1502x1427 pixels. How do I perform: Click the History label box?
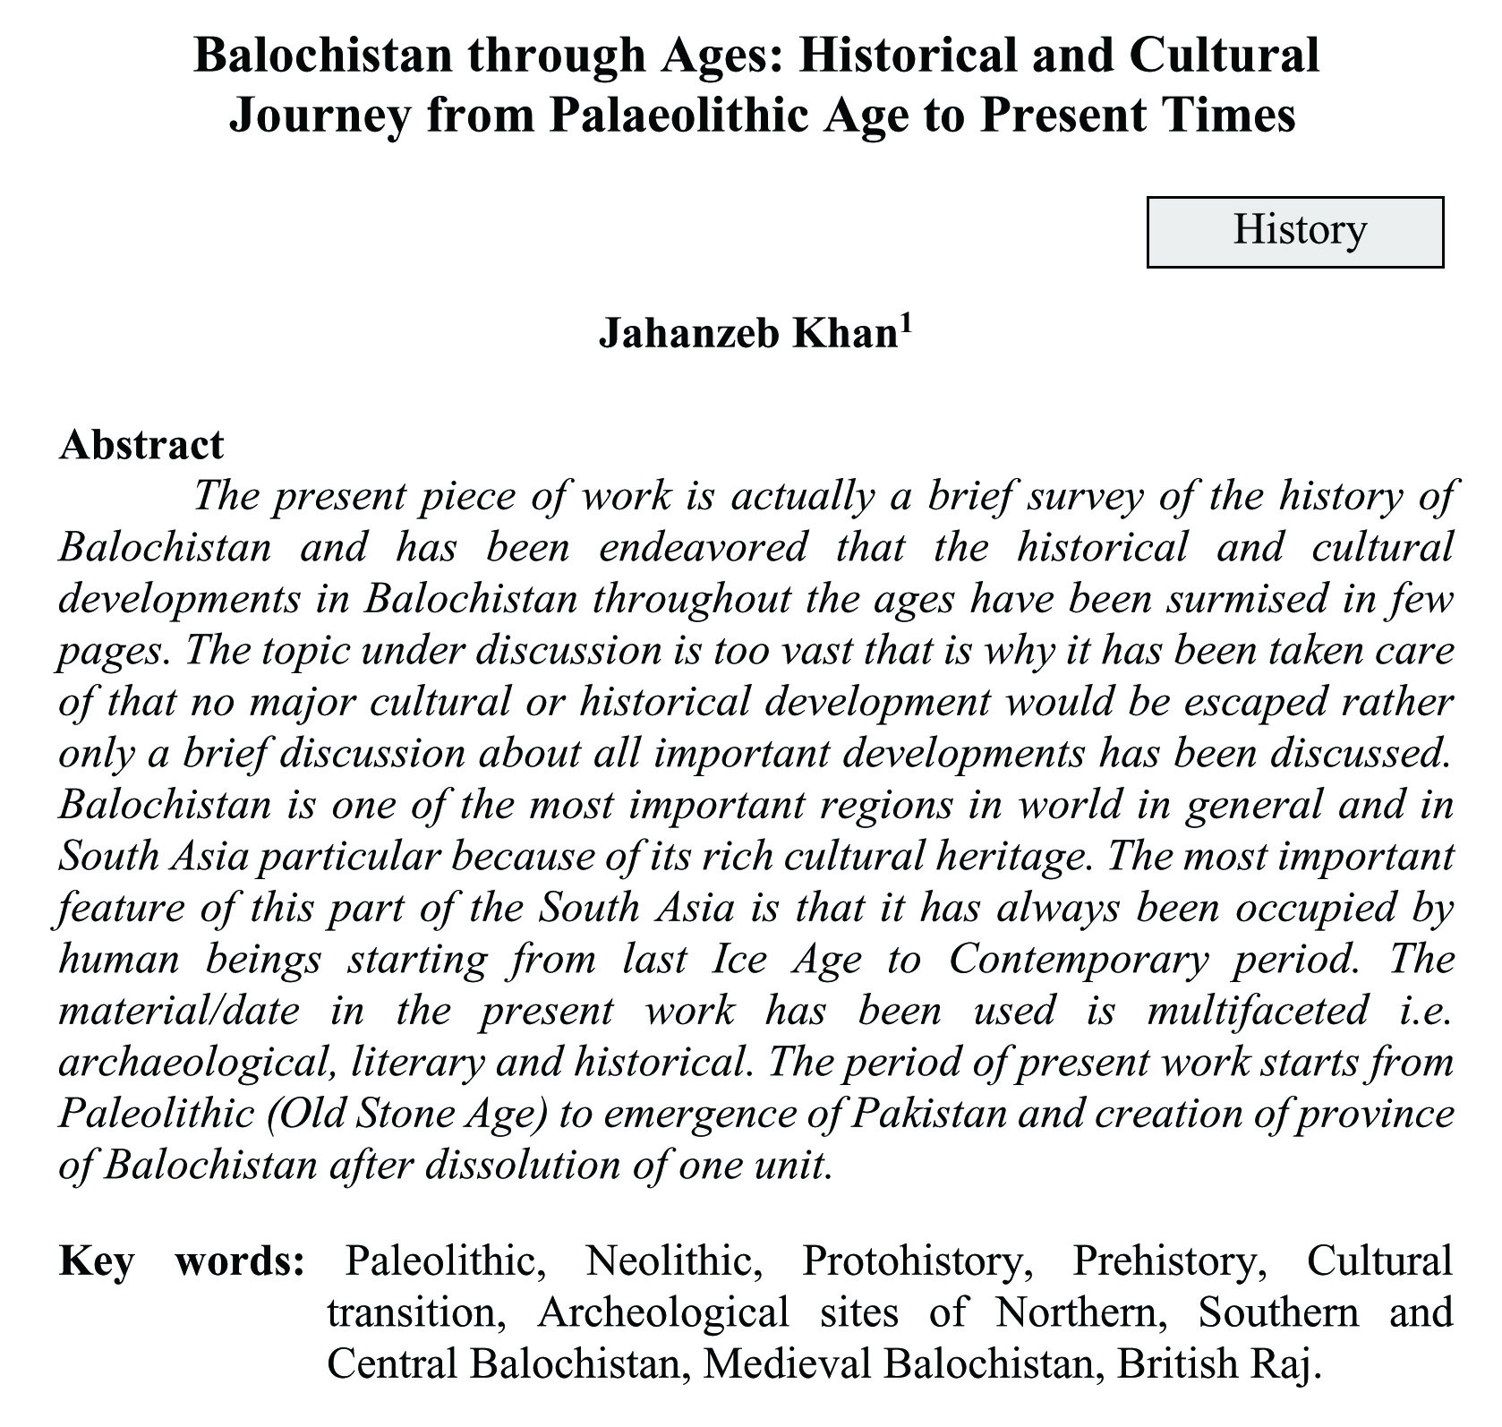1294,232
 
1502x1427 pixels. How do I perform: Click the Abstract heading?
141,445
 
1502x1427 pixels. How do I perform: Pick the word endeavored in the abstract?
703,547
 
